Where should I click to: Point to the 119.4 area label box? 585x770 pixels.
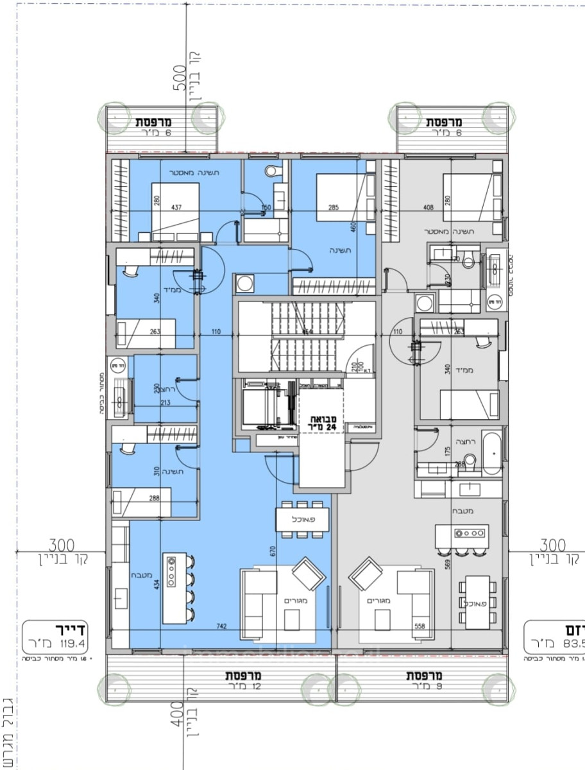click(55, 636)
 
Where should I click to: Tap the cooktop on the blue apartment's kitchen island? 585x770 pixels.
click(171, 572)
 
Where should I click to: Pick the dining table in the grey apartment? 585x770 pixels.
click(477, 603)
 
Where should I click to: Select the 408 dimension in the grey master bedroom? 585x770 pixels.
click(429, 207)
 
